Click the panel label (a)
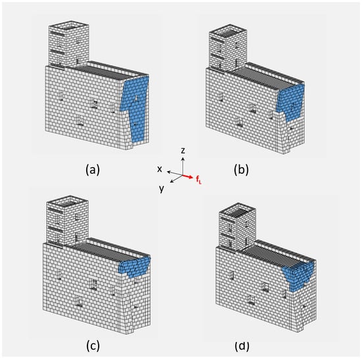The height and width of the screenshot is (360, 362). tap(93, 170)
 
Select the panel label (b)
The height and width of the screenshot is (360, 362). tap(242, 170)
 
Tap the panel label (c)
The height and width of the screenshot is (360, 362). tap(93, 346)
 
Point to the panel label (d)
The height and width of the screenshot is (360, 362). tap(242, 346)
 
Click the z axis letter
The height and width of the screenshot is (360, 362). tap(183, 151)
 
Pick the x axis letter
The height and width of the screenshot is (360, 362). tap(159, 169)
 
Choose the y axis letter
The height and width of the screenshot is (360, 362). tap(162, 188)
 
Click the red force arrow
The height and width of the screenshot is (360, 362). tap(188, 176)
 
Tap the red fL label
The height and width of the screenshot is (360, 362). tap(199, 180)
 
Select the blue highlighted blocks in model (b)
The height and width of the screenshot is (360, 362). tap(292, 101)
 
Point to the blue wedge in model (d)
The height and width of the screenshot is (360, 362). tap(299, 276)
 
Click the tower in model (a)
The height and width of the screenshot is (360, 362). tap(68, 44)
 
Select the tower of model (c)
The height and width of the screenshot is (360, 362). tap(67, 220)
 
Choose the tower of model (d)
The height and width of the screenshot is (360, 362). tap(237, 226)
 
